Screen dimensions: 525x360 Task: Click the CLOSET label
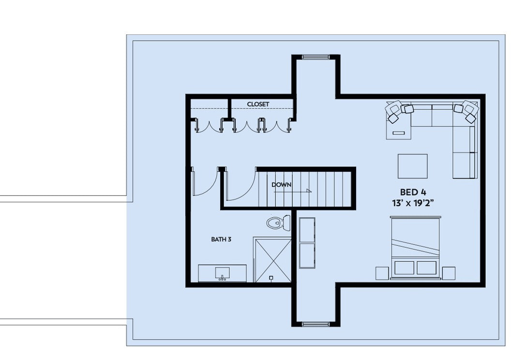[x=258, y=104]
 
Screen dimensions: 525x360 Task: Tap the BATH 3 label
[x=221, y=239]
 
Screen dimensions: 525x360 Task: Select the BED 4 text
[x=413, y=192]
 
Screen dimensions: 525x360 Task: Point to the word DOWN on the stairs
[x=281, y=184]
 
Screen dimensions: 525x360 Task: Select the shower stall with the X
[x=273, y=260]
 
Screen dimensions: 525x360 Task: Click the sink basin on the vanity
[x=222, y=273]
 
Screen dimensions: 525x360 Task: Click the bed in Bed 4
[x=416, y=247]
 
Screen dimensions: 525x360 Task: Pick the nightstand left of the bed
[x=382, y=273]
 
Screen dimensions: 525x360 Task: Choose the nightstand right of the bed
[x=449, y=273]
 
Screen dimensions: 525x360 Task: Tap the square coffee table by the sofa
[x=412, y=166]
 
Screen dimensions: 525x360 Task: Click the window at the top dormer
[x=316, y=57]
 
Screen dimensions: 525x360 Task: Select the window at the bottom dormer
[x=316, y=324]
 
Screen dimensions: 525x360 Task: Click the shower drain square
[x=271, y=278]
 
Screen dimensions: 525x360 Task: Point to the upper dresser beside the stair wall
[x=307, y=230]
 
